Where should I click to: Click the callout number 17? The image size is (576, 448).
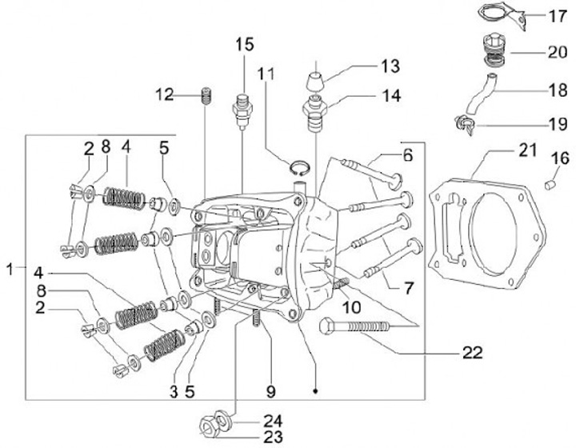pyautogui.click(x=558, y=16)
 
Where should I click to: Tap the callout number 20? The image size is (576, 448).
pyautogui.click(x=558, y=52)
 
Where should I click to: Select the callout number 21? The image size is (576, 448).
pyautogui.click(x=528, y=150)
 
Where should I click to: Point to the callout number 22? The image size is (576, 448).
pyautogui.click(x=473, y=353)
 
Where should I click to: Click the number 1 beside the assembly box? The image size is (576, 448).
pyautogui.click(x=10, y=269)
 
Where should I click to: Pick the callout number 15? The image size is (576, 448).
pyautogui.click(x=245, y=45)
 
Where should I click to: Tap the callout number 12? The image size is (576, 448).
pyautogui.click(x=164, y=94)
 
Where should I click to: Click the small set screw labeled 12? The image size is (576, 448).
pyautogui.click(x=207, y=97)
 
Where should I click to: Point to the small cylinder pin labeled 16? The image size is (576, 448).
pyautogui.click(x=549, y=185)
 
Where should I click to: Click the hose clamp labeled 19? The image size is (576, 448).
pyautogui.click(x=465, y=125)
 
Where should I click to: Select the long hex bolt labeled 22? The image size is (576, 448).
pyautogui.click(x=354, y=326)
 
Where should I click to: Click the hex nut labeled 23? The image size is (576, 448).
pyautogui.click(x=209, y=428)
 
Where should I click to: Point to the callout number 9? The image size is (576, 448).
pyautogui.click(x=270, y=391)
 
